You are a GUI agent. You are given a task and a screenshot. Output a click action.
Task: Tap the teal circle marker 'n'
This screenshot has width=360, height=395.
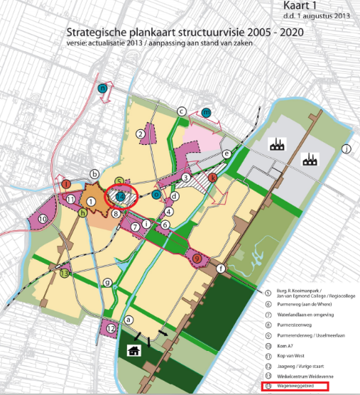tap(104, 89)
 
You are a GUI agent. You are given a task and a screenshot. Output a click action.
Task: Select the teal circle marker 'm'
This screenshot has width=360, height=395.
tap(206, 112)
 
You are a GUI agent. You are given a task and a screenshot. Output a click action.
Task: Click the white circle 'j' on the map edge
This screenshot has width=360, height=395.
tap(346, 148)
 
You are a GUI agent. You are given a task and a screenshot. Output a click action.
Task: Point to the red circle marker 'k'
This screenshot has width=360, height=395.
tap(212, 177)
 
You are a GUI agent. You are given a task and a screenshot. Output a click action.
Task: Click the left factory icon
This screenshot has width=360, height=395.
tap(276, 145)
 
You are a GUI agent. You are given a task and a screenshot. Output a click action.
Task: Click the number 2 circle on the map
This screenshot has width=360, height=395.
tap(141, 134)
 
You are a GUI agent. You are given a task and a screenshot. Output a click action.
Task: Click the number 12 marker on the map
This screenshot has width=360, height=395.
tap(111, 328)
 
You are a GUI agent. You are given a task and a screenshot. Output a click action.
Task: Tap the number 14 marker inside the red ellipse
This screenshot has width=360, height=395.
tap(121, 196)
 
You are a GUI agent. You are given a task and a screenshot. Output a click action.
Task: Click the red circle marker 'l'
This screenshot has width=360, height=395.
tap(66, 184)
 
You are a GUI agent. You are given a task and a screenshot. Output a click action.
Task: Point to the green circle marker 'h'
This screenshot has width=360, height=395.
tap(83, 212)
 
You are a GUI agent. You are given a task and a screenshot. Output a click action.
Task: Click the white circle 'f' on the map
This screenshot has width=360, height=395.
tap(221, 269)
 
